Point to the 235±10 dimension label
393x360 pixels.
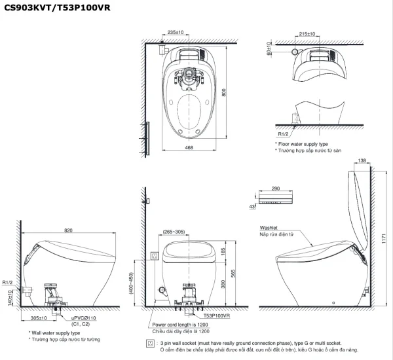(x=176, y=31)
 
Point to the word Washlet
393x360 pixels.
(x=269, y=227)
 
